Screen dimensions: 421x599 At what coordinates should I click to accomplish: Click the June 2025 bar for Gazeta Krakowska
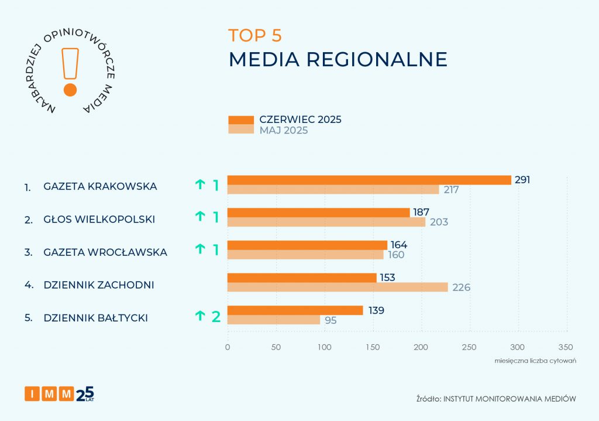(x=369, y=180)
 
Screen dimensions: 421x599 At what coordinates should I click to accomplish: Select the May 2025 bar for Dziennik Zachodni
(x=338, y=287)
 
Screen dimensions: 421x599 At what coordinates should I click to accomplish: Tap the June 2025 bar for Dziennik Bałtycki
(x=295, y=310)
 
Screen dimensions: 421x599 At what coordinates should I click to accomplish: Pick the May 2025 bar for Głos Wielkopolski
(x=326, y=222)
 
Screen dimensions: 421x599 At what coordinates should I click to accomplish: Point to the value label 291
(x=522, y=180)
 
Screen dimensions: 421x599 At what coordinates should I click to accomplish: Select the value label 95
(x=331, y=320)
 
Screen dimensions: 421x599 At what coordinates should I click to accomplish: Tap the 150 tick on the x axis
(x=373, y=347)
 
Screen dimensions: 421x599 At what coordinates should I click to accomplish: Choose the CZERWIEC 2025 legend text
(x=300, y=119)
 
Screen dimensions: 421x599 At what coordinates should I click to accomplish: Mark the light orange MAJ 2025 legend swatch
(x=240, y=129)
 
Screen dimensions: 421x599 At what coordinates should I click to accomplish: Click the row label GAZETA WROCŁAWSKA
(x=105, y=252)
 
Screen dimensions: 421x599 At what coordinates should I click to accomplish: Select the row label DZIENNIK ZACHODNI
(x=99, y=285)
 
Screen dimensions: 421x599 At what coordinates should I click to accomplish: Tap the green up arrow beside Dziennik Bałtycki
(x=200, y=317)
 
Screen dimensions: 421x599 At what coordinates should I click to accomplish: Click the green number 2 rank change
(x=216, y=317)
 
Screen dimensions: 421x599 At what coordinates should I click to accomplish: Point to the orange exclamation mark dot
(x=70, y=90)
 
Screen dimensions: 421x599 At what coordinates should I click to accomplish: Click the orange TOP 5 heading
(x=255, y=36)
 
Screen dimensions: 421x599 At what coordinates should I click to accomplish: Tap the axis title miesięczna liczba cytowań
(x=535, y=360)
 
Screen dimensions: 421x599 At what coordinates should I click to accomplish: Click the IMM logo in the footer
(x=58, y=394)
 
